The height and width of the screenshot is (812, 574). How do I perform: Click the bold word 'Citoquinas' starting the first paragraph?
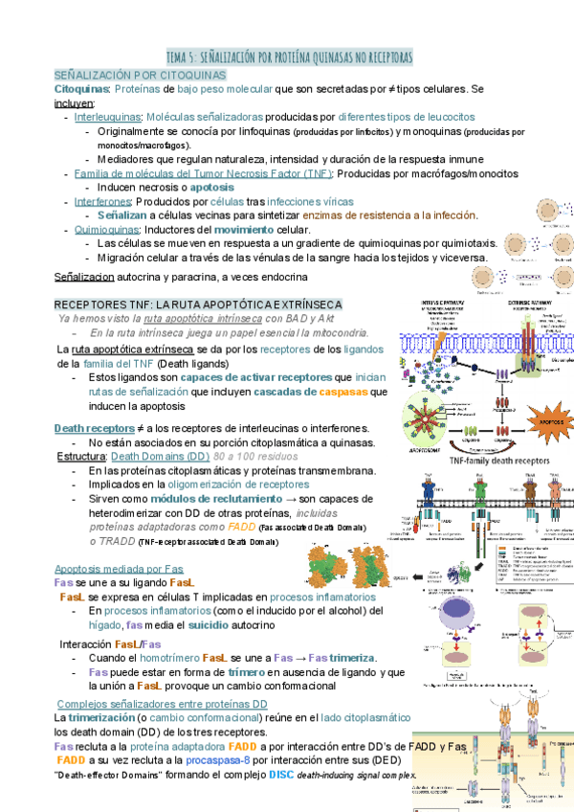click(x=80, y=88)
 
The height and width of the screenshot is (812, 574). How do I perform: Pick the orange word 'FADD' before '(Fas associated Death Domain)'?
click(x=243, y=527)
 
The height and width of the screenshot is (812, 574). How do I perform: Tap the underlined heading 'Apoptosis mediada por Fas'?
click(x=119, y=568)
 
